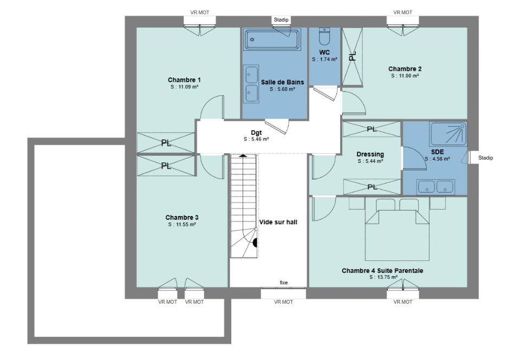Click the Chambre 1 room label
pos(184,80)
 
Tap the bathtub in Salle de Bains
pos(272,40)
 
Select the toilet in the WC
pos(324,36)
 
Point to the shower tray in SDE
pos(448,134)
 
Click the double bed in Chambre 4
pos(397,229)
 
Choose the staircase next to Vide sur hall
pos(244,206)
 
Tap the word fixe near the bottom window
pos(283,283)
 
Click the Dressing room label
pos(370,154)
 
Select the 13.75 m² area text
pos(383,277)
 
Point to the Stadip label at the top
pos(281,20)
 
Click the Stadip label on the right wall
pos(485,158)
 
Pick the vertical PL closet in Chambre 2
pos(352,57)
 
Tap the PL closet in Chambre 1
pos(166,143)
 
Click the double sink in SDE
pos(435,187)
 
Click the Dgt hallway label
pos(256,133)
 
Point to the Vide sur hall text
pos(278,222)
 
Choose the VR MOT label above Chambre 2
pos(402,12)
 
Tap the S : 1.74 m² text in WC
pos(324,60)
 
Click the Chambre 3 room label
pos(182,218)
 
